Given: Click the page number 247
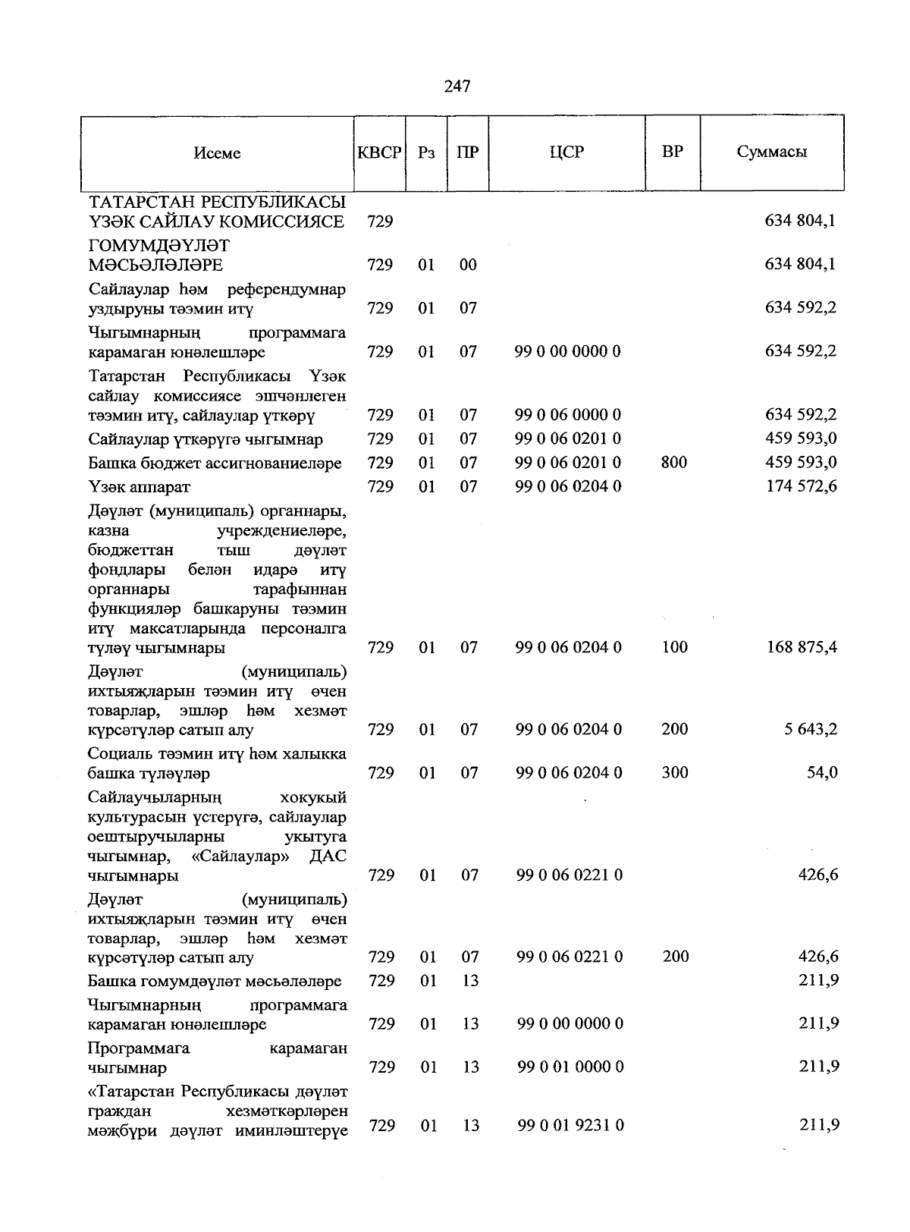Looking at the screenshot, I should pyautogui.click(x=457, y=86).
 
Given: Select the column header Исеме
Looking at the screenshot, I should pyautogui.click(x=217, y=152).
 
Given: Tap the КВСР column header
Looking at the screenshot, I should pyautogui.click(x=379, y=152).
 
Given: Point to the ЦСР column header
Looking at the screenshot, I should pyautogui.click(x=566, y=152).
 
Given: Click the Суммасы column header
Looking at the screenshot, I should pyautogui.click(x=771, y=152).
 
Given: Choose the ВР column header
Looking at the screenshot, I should pyautogui.click(x=672, y=152).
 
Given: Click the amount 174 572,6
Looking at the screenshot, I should pyautogui.click(x=802, y=486).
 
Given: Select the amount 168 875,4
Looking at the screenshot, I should pyautogui.click(x=802, y=647).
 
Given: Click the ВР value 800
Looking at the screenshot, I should pyautogui.click(x=673, y=462).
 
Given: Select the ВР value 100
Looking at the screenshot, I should pyautogui.click(x=674, y=647).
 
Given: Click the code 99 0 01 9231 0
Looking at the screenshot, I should pyautogui.click(x=570, y=1125).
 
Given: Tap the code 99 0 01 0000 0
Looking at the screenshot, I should pyautogui.click(x=570, y=1067).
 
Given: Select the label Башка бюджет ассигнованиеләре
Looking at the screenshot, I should pyautogui.click(x=215, y=463).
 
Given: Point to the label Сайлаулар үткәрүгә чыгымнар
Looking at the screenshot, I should pyautogui.click(x=205, y=439).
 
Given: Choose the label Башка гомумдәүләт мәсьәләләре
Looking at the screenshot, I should pyautogui.click(x=215, y=981).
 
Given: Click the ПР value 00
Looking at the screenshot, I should pyautogui.click(x=468, y=265).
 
